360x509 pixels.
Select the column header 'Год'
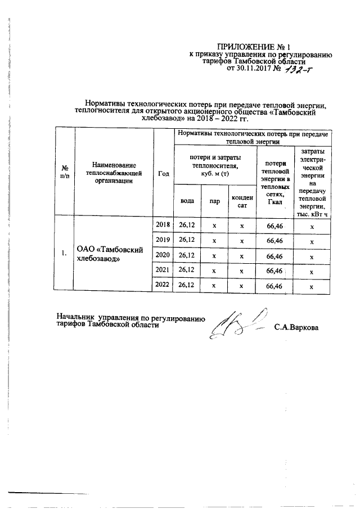click(x=164, y=173)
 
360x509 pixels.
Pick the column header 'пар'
click(x=214, y=201)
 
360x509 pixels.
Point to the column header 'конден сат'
click(x=241, y=201)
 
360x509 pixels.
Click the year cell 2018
click(x=163, y=225)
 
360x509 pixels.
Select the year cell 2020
click(x=163, y=255)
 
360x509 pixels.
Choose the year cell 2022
click(x=163, y=286)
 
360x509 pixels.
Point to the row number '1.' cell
click(x=65, y=254)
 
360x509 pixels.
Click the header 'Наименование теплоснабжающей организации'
click(x=115, y=173)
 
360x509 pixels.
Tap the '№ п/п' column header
click(x=65, y=173)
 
